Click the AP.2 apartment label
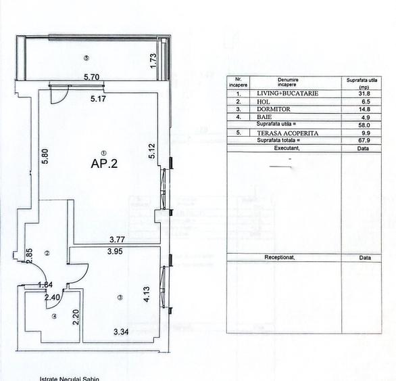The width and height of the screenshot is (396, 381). tap(105, 163)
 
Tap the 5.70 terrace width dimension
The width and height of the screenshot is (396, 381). tap(91, 77)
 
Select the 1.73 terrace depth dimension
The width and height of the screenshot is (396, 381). tap(153, 62)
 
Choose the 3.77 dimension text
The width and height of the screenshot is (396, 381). tap(119, 239)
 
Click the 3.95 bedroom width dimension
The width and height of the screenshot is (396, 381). tap(119, 251)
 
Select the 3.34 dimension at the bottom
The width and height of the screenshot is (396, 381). tap(121, 332)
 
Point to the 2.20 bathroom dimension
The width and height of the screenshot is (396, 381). tap(76, 316)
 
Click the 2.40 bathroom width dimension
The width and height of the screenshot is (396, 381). tap(51, 296)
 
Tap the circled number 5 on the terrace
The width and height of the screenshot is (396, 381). tap(86, 58)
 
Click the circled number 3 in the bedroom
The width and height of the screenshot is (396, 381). tap(119, 297)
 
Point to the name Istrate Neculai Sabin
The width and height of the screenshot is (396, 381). tap(70, 378)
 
